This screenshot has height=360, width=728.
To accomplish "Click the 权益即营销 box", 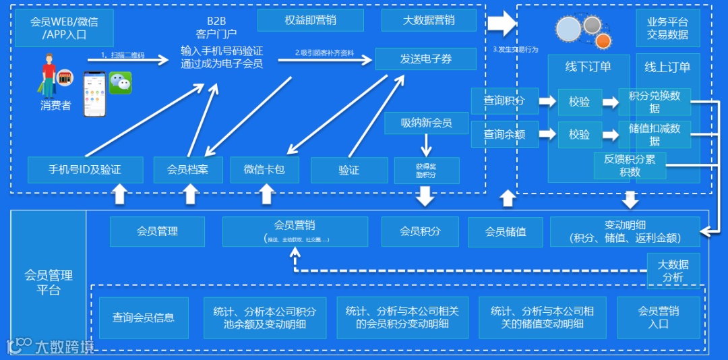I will [310, 20].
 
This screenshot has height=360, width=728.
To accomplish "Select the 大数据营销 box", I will [428, 20].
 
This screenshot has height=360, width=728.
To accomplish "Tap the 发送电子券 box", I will [425, 59].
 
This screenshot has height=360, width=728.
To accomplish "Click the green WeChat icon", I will [121, 83].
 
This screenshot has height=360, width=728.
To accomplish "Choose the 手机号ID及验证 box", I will [85, 169].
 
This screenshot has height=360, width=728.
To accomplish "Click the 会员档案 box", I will [187, 169].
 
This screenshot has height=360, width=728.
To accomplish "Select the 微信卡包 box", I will [264, 169].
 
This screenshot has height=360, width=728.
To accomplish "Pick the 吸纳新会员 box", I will [426, 123].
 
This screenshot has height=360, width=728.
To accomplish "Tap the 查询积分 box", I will [504, 101].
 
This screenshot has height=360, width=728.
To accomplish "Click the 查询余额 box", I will [504, 134].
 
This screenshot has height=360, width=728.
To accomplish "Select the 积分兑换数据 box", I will [655, 102].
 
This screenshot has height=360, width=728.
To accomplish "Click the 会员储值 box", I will [506, 231].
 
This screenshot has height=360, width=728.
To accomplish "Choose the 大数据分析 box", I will [673, 270].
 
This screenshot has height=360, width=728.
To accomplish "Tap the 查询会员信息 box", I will [144, 318].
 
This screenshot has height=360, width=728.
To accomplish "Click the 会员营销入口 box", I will [658, 318].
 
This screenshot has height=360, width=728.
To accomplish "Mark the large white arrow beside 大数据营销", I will [501, 24].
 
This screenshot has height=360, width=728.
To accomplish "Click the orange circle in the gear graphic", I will [603, 41].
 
